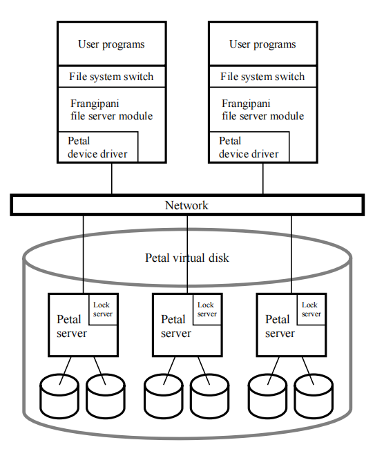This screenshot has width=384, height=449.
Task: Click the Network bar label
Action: tap(186, 205)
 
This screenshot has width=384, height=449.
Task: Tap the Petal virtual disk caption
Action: tap(186, 258)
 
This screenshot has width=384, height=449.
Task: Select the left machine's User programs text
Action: tap(111, 44)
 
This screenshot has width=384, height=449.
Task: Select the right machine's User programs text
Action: tap(262, 44)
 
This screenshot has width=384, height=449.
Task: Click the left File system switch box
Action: tap(111, 77)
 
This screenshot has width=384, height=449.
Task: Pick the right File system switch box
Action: tap(262, 77)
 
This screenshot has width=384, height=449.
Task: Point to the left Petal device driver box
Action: tap(97, 147)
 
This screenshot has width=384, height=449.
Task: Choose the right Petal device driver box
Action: tap(249, 147)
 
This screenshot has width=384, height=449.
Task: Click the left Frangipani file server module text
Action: tap(111, 109)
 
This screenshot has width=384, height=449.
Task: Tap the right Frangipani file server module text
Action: tap(262, 109)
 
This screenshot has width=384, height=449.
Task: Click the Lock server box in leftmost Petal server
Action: tap(103, 309)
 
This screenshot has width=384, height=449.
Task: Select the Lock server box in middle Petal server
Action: tap(207, 309)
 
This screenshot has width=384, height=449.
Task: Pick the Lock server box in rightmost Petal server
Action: tap(311, 309)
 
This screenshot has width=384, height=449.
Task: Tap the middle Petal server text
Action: tap(175, 326)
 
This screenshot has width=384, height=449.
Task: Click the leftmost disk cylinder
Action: tap(59, 395)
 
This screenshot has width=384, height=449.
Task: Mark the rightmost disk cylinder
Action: tap(314, 395)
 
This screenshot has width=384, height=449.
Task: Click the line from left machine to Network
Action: tap(111, 179)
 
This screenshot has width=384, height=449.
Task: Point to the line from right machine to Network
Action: tap(262, 179)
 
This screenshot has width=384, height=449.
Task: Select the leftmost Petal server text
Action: tap(71, 326)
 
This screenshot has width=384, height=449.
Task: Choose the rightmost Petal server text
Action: tap(280, 326)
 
